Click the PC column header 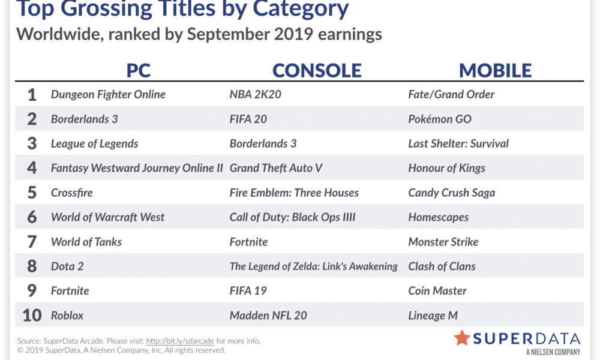coord(139,71)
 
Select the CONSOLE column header coord(317,71)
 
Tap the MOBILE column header coord(495,71)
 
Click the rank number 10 coord(32,315)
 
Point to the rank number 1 coord(32,94)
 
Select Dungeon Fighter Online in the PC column coord(108,94)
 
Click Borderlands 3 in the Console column coord(263,143)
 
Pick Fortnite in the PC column coord(70,291)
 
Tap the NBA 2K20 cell coord(255,94)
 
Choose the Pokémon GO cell coord(440,119)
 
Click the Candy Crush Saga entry coord(452,193)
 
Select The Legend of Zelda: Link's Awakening coord(313,266)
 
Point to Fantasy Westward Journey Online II coord(137,169)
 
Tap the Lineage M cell coord(433,316)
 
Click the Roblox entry coord(67,315)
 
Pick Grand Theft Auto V coord(276,168)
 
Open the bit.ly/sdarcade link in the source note coord(180,341)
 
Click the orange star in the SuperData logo coord(462,338)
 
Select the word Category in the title coord(301,8)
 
